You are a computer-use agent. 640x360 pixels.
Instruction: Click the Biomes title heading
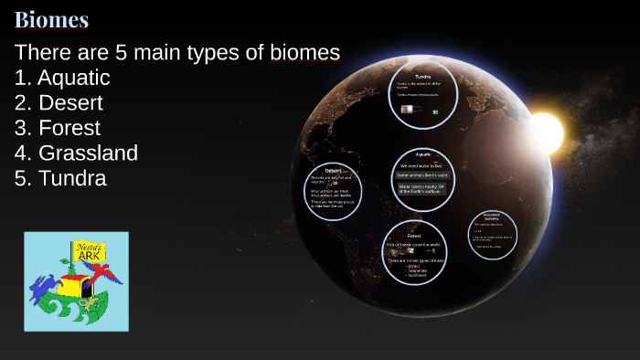point(51,19)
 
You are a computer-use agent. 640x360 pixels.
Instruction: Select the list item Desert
point(70,103)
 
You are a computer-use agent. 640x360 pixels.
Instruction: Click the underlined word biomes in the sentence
point(305,53)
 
